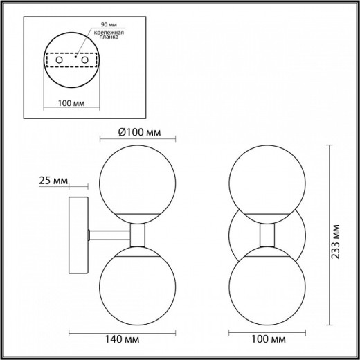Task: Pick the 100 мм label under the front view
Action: (267, 340)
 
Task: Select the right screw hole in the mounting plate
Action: (87, 62)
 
